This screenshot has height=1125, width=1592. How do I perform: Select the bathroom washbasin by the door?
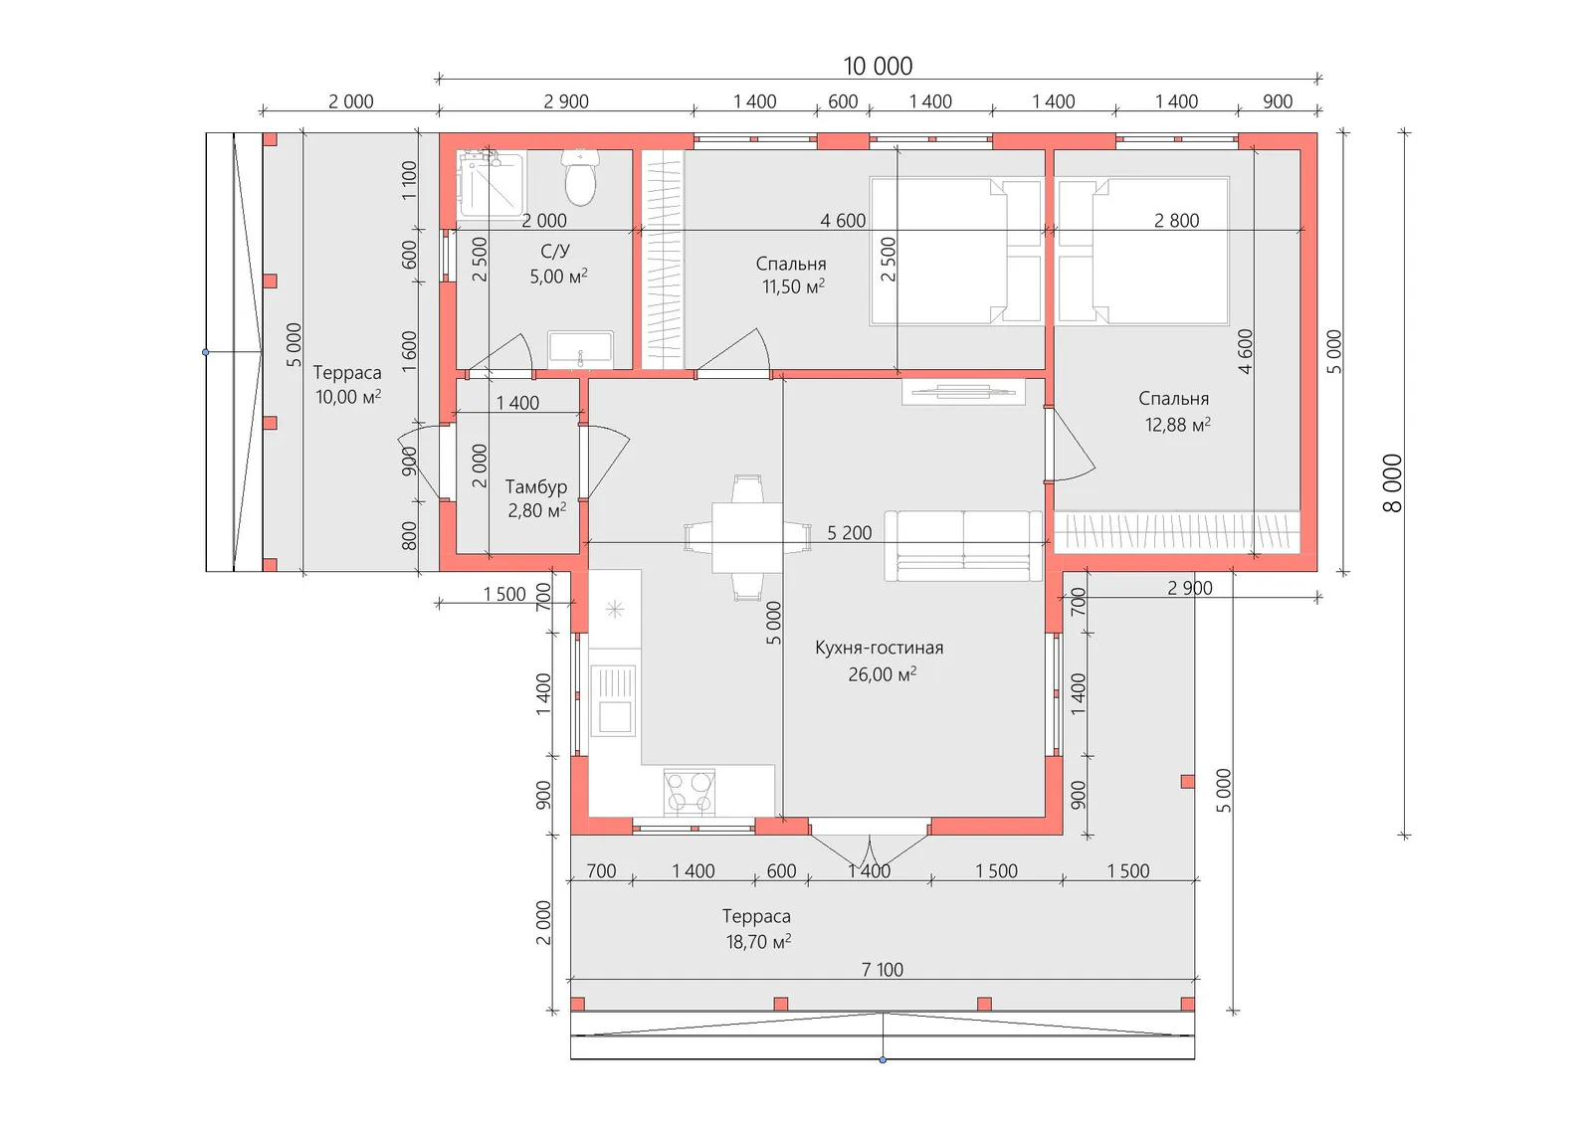(580, 350)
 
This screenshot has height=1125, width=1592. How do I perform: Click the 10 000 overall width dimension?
(878, 66)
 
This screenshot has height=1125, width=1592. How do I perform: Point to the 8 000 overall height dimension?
(1393, 483)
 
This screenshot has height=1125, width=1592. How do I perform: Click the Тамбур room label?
(536, 486)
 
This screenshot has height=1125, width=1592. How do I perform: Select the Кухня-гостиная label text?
(880, 648)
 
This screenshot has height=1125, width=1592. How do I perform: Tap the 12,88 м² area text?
(1178, 425)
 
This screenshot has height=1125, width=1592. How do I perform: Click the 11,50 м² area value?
(793, 286)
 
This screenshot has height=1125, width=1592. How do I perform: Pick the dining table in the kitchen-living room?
(747, 538)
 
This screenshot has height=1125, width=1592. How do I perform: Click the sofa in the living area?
(963, 546)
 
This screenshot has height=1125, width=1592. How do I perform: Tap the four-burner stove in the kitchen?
(689, 792)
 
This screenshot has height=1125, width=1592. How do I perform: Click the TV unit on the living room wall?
(964, 392)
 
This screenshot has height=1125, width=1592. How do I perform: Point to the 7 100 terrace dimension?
(882, 970)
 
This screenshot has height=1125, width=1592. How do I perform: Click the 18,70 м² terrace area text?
(758, 942)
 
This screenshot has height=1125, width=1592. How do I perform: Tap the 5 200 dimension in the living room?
(849, 532)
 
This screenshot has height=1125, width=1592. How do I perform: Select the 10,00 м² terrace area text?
(348, 397)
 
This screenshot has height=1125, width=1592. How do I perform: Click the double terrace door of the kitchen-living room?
(870, 841)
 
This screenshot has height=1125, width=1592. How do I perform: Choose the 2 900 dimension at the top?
(566, 101)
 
